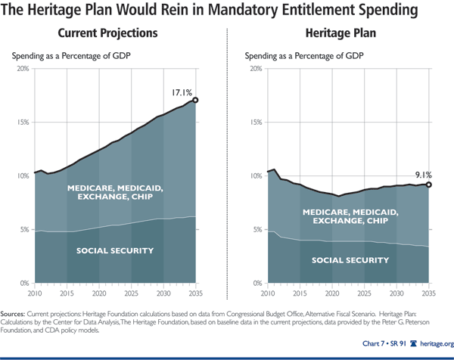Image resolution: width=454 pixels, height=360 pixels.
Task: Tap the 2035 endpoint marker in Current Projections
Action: point(196,100)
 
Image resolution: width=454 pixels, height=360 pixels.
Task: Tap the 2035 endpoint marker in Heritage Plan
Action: point(429,185)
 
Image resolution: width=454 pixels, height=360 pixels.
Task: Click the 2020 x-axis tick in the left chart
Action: point(99,292)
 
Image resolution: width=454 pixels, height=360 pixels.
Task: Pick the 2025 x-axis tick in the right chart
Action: point(364,292)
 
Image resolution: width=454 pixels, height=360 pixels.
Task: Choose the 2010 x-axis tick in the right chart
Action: point(267,292)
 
